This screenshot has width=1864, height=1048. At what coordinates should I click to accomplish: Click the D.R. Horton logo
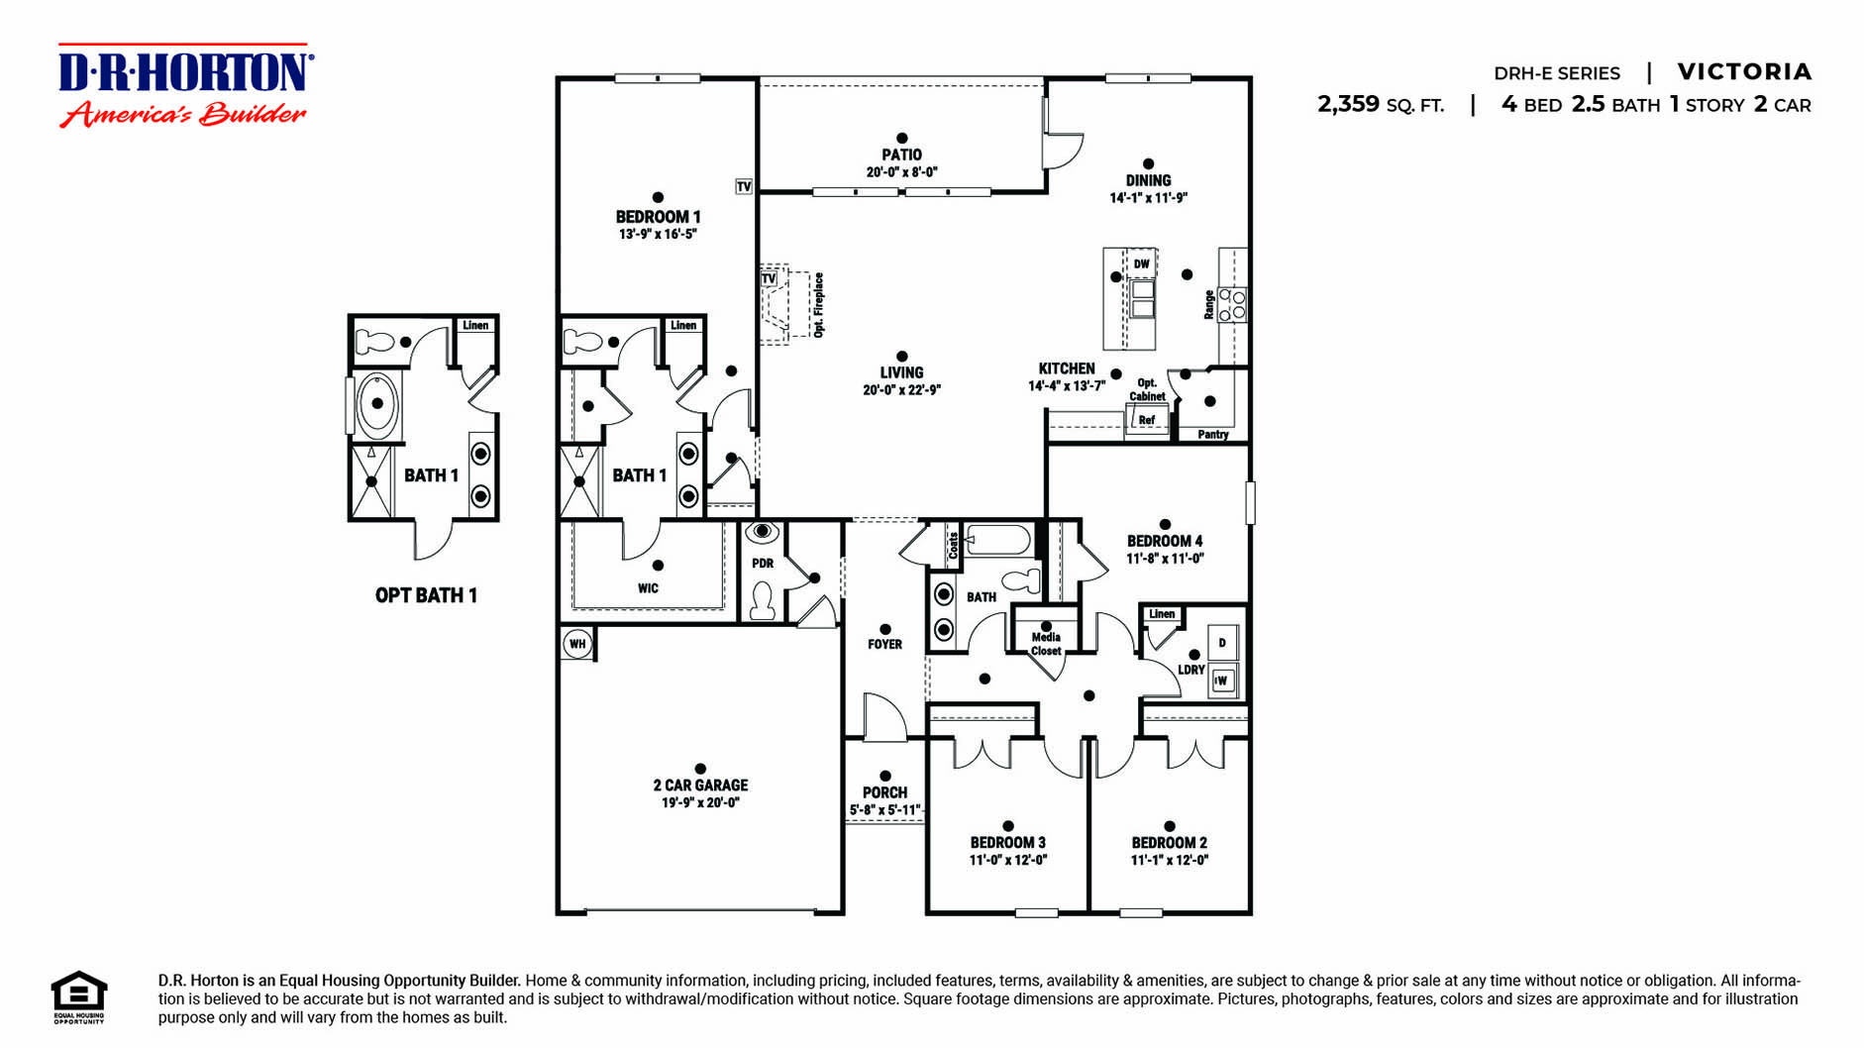[x=185, y=85]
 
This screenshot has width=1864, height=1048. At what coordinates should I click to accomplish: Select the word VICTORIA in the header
[x=1743, y=72]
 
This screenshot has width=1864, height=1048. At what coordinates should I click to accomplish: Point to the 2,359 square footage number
[x=1348, y=104]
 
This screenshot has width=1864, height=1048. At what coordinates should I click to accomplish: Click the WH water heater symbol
[x=577, y=644]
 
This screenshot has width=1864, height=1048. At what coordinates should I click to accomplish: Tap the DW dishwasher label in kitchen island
[x=1142, y=264]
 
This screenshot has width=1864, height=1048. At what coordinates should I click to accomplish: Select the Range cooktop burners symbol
[x=1232, y=304]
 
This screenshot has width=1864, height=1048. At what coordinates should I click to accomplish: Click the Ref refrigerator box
[x=1147, y=420]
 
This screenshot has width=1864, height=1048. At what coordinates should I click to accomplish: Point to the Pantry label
[x=1212, y=434]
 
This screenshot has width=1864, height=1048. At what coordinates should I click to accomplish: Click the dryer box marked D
[x=1222, y=643]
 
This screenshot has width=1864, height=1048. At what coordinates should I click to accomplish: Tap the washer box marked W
[x=1222, y=681]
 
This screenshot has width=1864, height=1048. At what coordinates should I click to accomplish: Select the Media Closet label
[x=1046, y=644]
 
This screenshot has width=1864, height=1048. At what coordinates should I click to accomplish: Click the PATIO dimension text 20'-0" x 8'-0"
[x=901, y=172]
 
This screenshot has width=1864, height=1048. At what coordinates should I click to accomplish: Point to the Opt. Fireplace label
[x=818, y=305]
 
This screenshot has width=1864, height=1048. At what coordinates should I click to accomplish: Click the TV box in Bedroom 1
[x=744, y=186]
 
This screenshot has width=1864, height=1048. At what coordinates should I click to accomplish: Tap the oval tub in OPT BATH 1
[x=376, y=404]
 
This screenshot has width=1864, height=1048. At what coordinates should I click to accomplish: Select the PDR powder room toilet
[x=762, y=600]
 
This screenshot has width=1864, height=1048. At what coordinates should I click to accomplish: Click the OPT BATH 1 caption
[x=426, y=595]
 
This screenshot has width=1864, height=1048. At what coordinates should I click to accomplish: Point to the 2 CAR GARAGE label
[x=700, y=786]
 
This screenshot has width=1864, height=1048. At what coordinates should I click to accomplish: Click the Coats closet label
[x=953, y=546]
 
